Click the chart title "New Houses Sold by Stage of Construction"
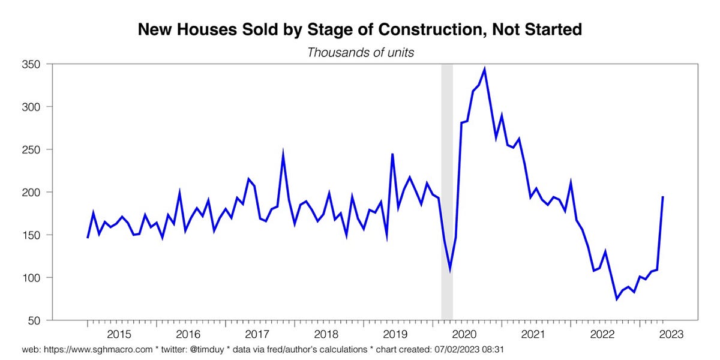360,29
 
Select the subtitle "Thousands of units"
360,52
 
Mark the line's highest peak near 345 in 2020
484,69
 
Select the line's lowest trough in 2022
616,299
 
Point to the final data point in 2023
662,197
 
